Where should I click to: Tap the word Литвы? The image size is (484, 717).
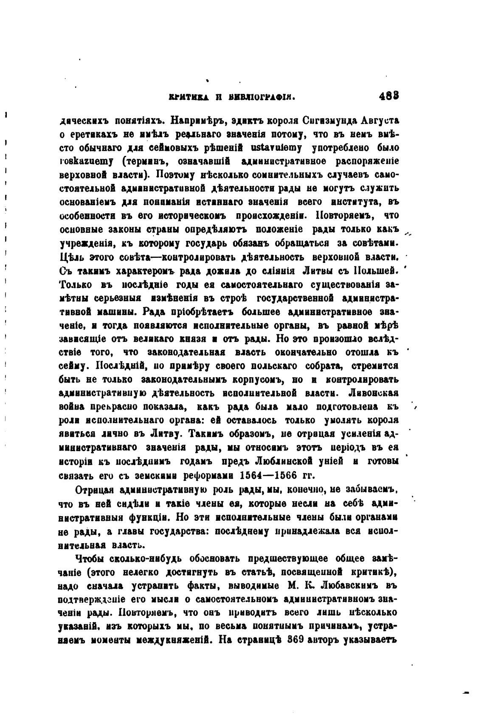pyautogui.click(x=318, y=270)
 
